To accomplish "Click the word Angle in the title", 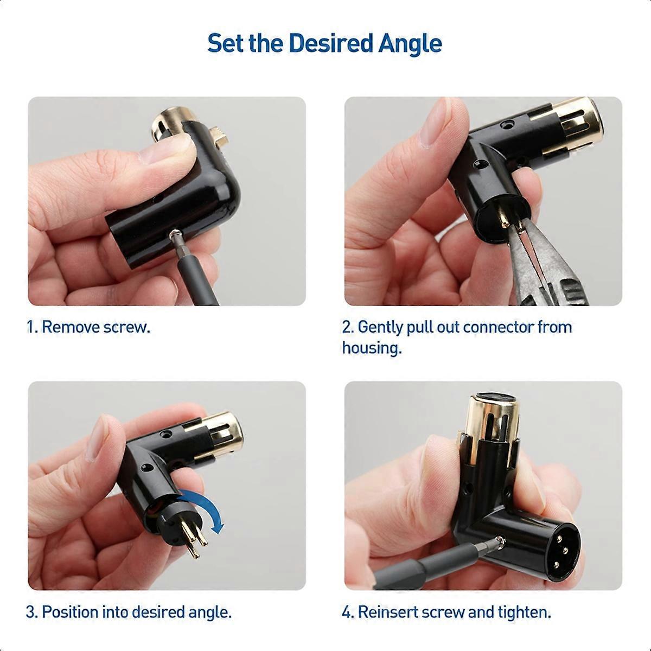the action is (x=410, y=44).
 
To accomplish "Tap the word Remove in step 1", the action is (x=71, y=327).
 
